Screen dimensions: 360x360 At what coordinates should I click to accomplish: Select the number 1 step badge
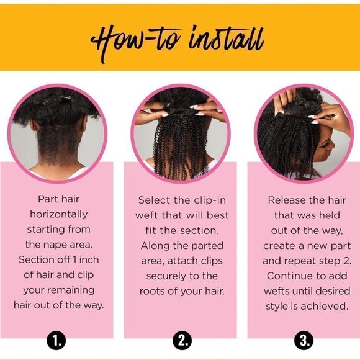click(58, 340)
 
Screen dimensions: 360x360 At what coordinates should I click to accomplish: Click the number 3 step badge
click(305, 340)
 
